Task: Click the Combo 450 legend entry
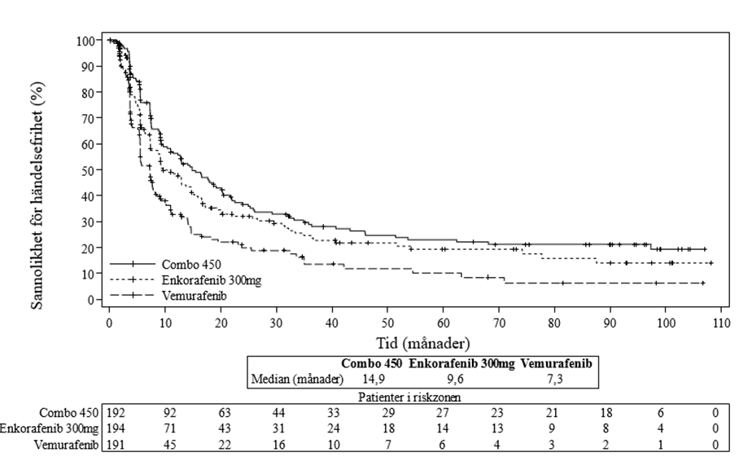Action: (190, 264)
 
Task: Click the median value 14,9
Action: (374, 379)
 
